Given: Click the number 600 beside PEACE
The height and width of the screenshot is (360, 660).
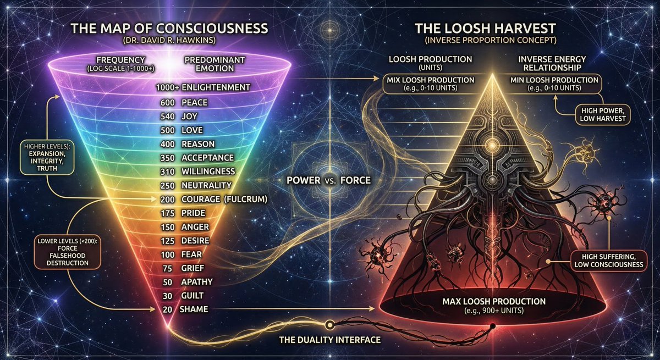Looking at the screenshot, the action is coord(168,103).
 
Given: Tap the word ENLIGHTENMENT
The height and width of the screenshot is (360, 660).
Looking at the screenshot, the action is coord(216,87).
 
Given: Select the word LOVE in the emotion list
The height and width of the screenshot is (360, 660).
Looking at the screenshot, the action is coord(192,130).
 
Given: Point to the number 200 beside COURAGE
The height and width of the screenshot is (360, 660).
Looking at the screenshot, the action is coord(168,200).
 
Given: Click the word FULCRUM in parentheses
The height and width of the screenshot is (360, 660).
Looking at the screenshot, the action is coord(246,200).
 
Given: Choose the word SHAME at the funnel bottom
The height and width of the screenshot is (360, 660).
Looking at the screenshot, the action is coord(194,309).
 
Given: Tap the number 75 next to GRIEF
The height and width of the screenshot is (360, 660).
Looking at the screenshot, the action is coord(167,268).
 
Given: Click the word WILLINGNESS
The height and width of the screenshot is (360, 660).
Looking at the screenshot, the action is coord(208,171).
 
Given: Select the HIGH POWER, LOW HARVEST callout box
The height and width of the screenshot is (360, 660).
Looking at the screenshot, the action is coord(603,115).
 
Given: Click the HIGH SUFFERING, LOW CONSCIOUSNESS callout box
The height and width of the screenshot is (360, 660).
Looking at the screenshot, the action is coord(609,261).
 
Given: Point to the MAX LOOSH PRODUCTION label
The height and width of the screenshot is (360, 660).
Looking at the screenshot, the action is coord(494,301).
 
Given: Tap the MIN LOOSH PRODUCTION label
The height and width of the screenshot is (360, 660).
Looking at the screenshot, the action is coord(554,80).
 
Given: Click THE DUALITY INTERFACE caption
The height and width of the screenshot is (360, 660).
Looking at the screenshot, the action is coord(330,340).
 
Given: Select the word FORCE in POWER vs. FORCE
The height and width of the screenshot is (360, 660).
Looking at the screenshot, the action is coord(355,180).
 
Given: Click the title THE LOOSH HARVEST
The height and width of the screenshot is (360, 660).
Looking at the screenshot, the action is coord(485,29).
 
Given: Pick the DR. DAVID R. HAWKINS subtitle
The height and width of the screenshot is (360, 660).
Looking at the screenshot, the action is coord(169,40).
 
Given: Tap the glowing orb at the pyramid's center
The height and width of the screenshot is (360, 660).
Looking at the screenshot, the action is coord(492,145).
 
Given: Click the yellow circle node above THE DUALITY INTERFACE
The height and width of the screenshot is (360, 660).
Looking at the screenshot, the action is coord(329,325).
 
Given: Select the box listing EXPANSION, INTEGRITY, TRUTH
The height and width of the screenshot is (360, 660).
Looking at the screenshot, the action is coord(47,157).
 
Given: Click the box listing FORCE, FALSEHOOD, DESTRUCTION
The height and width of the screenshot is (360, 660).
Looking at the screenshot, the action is coord(68,252).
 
